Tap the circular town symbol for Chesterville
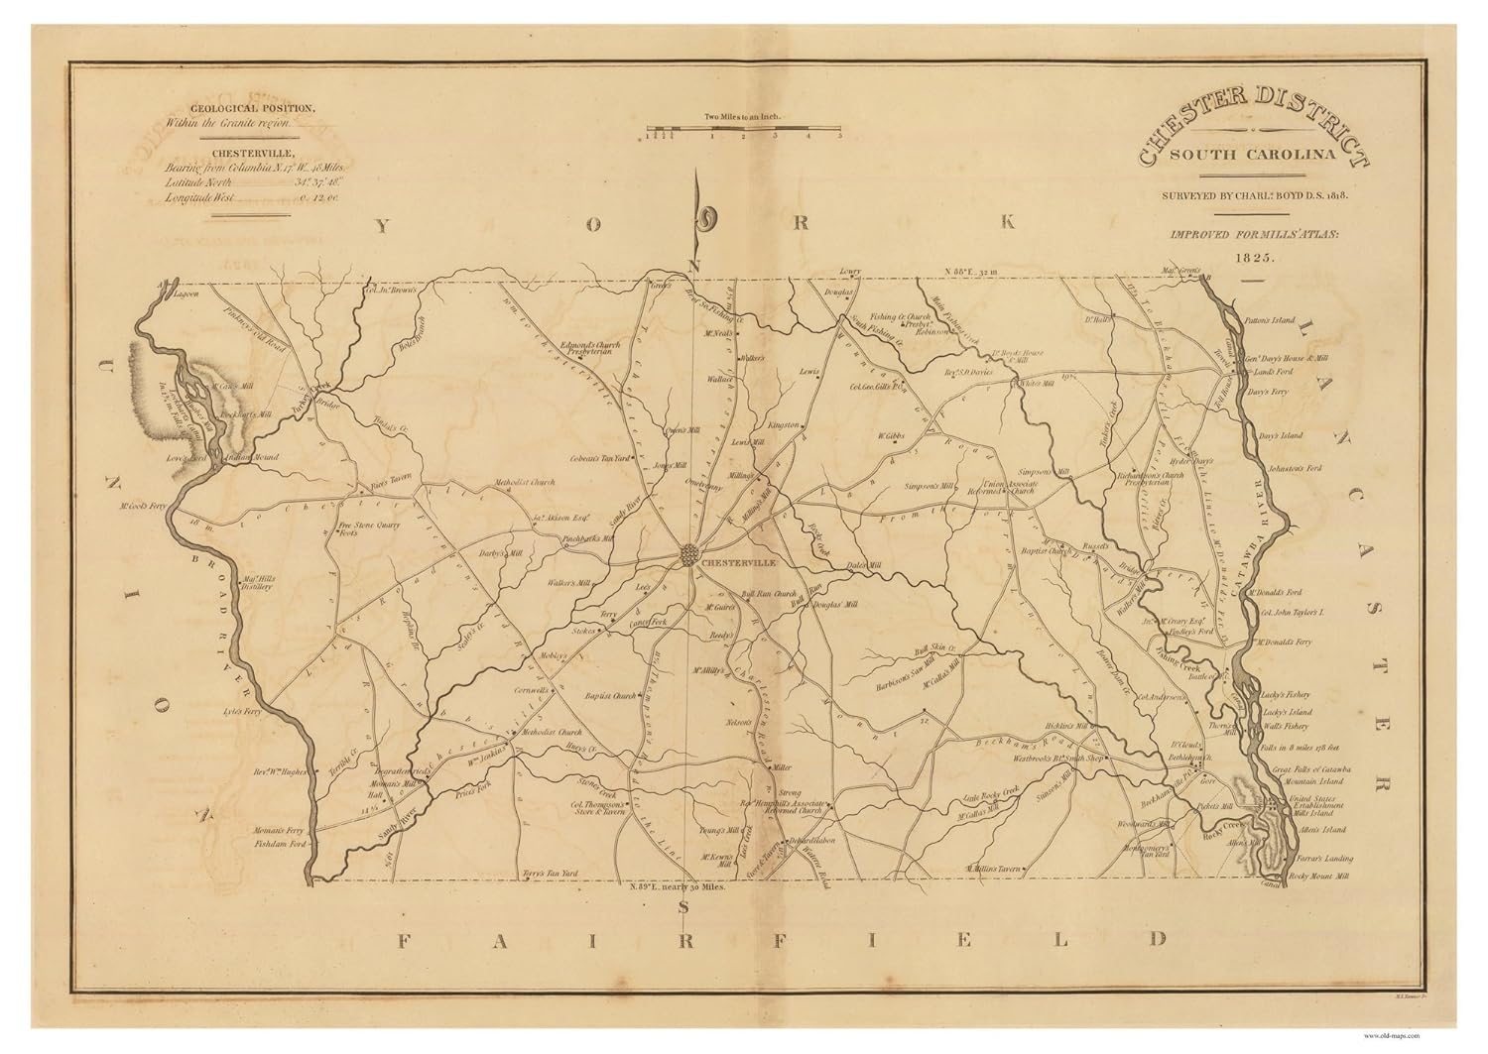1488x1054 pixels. coord(691,556)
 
